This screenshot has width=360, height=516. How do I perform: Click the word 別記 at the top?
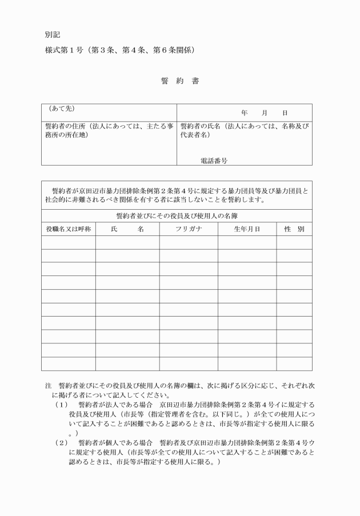click(x=53, y=34)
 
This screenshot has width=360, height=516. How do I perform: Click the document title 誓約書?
click(x=179, y=82)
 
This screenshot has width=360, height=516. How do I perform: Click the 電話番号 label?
click(x=214, y=161)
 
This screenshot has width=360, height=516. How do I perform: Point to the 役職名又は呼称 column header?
click(x=68, y=229)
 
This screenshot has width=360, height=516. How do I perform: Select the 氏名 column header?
click(x=127, y=229)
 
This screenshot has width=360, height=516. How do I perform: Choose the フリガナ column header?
click(x=189, y=229)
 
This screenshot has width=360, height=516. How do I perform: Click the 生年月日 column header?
click(x=247, y=229)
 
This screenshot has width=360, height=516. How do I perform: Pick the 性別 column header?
click(x=294, y=229)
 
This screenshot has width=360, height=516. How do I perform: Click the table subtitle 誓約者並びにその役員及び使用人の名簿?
click(x=177, y=216)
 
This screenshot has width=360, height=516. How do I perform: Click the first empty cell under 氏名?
click(x=127, y=243)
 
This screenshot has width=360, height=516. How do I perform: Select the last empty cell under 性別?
click(x=294, y=364)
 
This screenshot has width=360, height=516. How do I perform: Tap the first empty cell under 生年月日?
click(x=247, y=243)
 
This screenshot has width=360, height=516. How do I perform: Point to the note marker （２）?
click(x=61, y=442)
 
